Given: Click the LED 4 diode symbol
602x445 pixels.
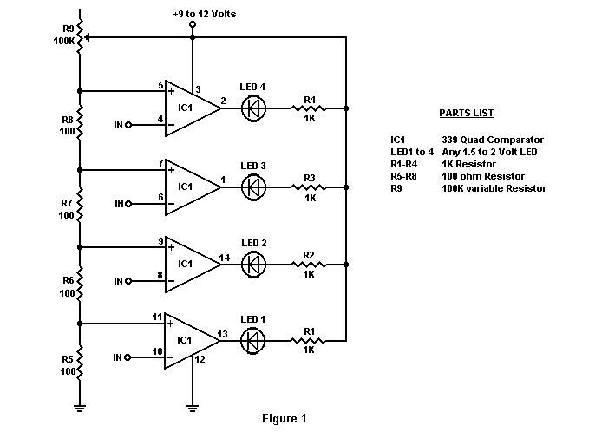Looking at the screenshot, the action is pos(253,108).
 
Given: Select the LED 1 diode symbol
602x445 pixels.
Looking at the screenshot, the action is pos(252,341).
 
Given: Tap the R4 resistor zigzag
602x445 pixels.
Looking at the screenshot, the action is pos(309,108).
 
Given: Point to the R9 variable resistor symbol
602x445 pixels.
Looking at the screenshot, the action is pos(81,37).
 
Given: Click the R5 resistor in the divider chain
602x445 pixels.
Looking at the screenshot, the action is pos(80,363).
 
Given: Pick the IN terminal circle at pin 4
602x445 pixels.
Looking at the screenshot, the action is pos(128,125).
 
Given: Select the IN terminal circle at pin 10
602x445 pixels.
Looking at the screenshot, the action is pos(128,357).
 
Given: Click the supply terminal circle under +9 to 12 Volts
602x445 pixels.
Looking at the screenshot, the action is pos(193,24).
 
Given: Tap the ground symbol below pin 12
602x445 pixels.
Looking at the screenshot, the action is pos(193,409).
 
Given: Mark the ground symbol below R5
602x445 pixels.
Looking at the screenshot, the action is pos(80,409).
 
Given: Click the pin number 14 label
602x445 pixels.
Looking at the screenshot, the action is pos(225,258).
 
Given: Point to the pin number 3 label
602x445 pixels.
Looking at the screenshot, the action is pos(198,89).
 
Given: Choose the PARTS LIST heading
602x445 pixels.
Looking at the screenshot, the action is pos(467,113).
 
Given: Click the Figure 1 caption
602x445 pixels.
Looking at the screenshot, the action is pos(285,418).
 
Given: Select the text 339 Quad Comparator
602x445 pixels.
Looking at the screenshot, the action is pos(493,140).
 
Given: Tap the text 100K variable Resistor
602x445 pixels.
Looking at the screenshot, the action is pos(494,188).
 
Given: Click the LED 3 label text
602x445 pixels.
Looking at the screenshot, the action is pos(253,166).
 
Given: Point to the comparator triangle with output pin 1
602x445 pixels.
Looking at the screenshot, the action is pos(192,187).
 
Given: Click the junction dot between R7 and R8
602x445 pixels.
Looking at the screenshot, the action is pos(80,170).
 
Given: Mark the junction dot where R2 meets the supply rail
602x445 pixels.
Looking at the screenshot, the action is pos(346,265).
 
